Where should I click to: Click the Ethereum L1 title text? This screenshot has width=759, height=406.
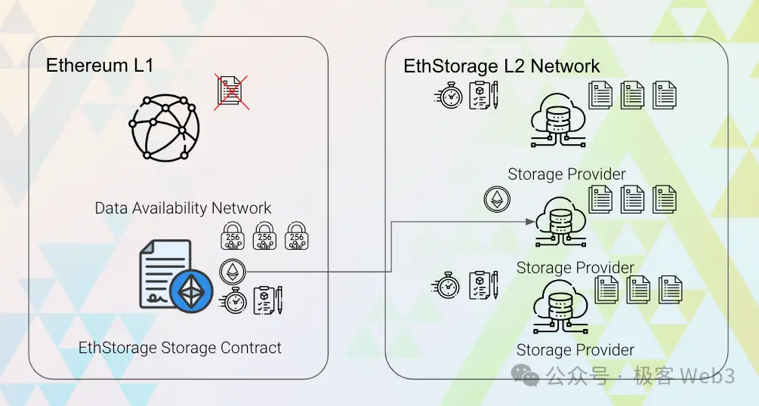pos(100,66)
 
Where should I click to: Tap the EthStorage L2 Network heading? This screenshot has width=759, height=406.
pos(501,66)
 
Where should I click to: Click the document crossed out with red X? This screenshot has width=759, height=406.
pos(231,92)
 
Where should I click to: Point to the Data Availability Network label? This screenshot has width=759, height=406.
pos(183,208)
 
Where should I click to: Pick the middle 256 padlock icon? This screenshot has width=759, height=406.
pos(264,236)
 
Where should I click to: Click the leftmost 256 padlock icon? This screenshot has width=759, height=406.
pos(232,236)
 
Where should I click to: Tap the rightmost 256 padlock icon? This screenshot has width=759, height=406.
pos(297,236)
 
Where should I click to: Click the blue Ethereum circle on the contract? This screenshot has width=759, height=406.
pos(191,292)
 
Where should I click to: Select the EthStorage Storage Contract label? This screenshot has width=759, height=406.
pos(180,348)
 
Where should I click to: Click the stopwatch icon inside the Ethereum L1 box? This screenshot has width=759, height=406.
pos(234,300)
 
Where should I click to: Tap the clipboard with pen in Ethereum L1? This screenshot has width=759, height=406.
pos(268,300)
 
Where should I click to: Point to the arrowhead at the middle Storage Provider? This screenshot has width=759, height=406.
pos(531,222)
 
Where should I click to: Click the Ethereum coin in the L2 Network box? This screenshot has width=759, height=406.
pos(497,199)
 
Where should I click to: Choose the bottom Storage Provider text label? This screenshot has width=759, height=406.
pos(575,350)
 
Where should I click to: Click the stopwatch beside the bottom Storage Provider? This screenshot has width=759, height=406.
pos(447,286)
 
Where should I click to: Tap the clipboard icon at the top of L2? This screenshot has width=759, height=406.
pos(483,96)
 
